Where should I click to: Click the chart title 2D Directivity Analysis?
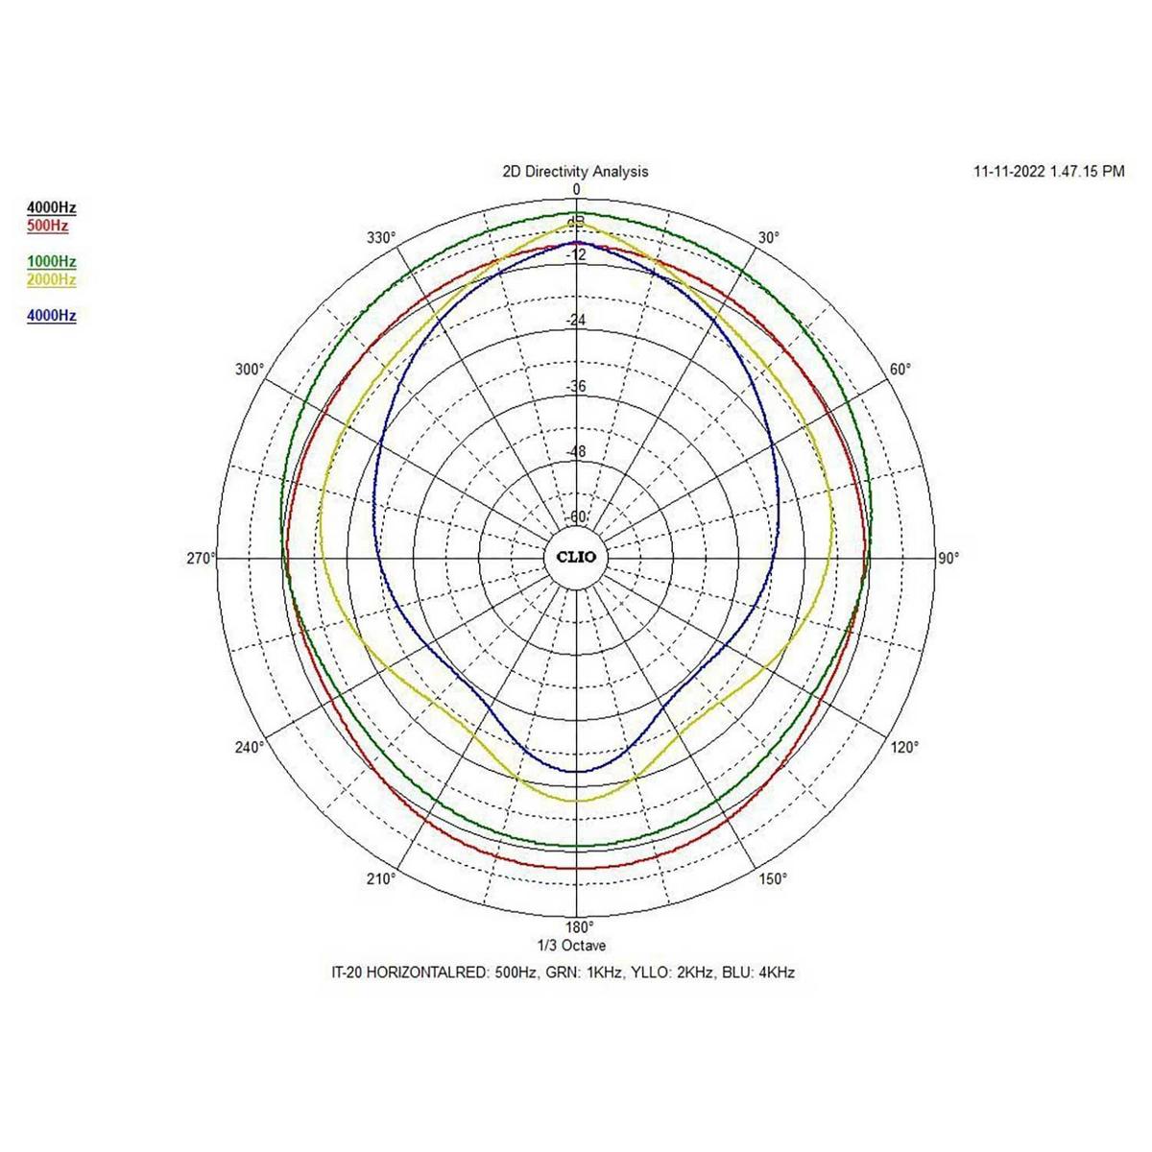tap(575, 172)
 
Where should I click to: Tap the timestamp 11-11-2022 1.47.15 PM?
tap(1048, 172)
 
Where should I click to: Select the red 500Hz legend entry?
tap(48, 227)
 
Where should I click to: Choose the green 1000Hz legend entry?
tap(52, 262)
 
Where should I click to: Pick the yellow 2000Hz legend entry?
tap(52, 280)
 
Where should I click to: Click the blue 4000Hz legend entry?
tap(52, 316)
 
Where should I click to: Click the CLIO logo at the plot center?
tap(576, 558)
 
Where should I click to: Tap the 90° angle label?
tap(948, 558)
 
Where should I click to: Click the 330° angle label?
tap(382, 238)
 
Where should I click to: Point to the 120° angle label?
tap(904, 747)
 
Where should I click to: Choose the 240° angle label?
tap(250, 747)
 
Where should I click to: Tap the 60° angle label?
tap(900, 370)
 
